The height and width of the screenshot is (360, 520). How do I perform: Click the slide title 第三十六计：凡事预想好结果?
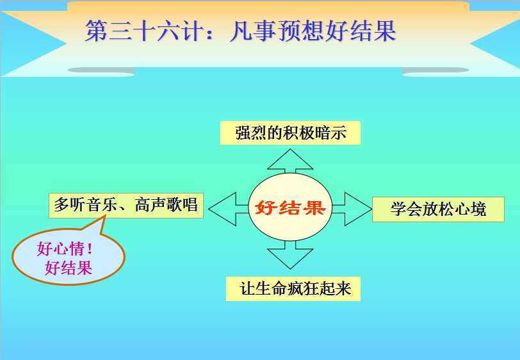pyautogui.click(x=241, y=31)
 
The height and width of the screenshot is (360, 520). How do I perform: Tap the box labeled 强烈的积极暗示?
pyautogui.click(x=290, y=133)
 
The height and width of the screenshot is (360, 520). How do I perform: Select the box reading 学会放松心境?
pyautogui.click(x=438, y=209)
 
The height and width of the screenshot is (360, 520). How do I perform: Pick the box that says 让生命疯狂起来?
pyautogui.click(x=293, y=289)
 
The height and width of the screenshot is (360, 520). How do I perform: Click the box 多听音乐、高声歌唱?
pyautogui.click(x=126, y=206)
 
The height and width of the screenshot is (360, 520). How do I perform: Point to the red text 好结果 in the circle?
pyautogui.click(x=290, y=208)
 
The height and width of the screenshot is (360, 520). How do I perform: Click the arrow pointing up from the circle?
pyautogui.click(x=290, y=161)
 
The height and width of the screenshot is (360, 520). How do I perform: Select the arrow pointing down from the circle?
pyautogui.click(x=290, y=254)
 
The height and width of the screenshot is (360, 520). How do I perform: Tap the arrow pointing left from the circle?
pyautogui.click(x=228, y=209)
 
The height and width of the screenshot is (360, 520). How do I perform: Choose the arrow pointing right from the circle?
pyautogui.click(x=352, y=209)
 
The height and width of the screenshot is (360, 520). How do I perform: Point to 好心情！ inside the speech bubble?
pyautogui.click(x=65, y=249)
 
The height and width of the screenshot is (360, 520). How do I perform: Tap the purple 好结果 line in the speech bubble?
pyautogui.click(x=69, y=268)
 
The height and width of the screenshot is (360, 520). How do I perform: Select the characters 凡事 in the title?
pyautogui.click(x=253, y=31)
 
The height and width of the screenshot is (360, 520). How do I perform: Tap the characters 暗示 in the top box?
pyautogui.click(x=330, y=133)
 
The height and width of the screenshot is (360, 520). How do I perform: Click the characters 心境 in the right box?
pyautogui.click(x=470, y=209)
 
